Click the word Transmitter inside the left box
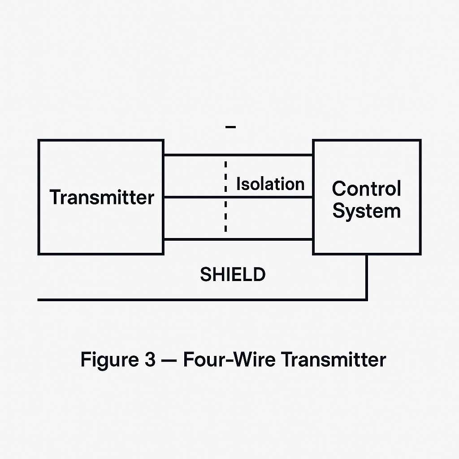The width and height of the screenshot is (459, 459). pyautogui.click(x=102, y=197)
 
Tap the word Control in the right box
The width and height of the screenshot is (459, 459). pyautogui.click(x=366, y=189)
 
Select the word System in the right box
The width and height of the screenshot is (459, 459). pyautogui.click(x=366, y=211)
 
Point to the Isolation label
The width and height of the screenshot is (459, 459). pyautogui.click(x=270, y=184)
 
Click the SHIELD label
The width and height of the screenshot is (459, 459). pyautogui.click(x=233, y=274)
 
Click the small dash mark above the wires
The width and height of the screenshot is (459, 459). pyautogui.click(x=231, y=127)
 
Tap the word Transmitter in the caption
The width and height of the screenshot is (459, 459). pyautogui.click(x=333, y=359)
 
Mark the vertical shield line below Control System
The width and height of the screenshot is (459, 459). pyautogui.click(x=367, y=276)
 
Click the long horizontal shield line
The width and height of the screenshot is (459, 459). pyautogui.click(x=202, y=299)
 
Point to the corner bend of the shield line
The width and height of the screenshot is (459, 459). pyautogui.click(x=367, y=299)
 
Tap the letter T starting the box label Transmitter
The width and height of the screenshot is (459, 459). pyautogui.click(x=56, y=197)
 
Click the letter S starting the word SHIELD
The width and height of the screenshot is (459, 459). pyautogui.click(x=205, y=274)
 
